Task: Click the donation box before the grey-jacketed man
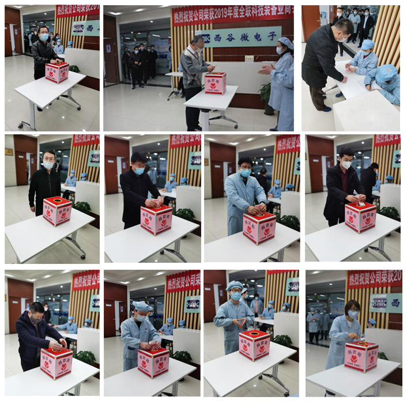215,82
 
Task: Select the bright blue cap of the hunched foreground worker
386,73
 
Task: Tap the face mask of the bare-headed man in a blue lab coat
246,173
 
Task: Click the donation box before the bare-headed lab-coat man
259,227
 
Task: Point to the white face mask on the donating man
346,165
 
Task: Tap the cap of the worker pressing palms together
234,285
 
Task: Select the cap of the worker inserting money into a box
140,305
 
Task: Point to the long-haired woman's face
353,312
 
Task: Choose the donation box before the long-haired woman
361,356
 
